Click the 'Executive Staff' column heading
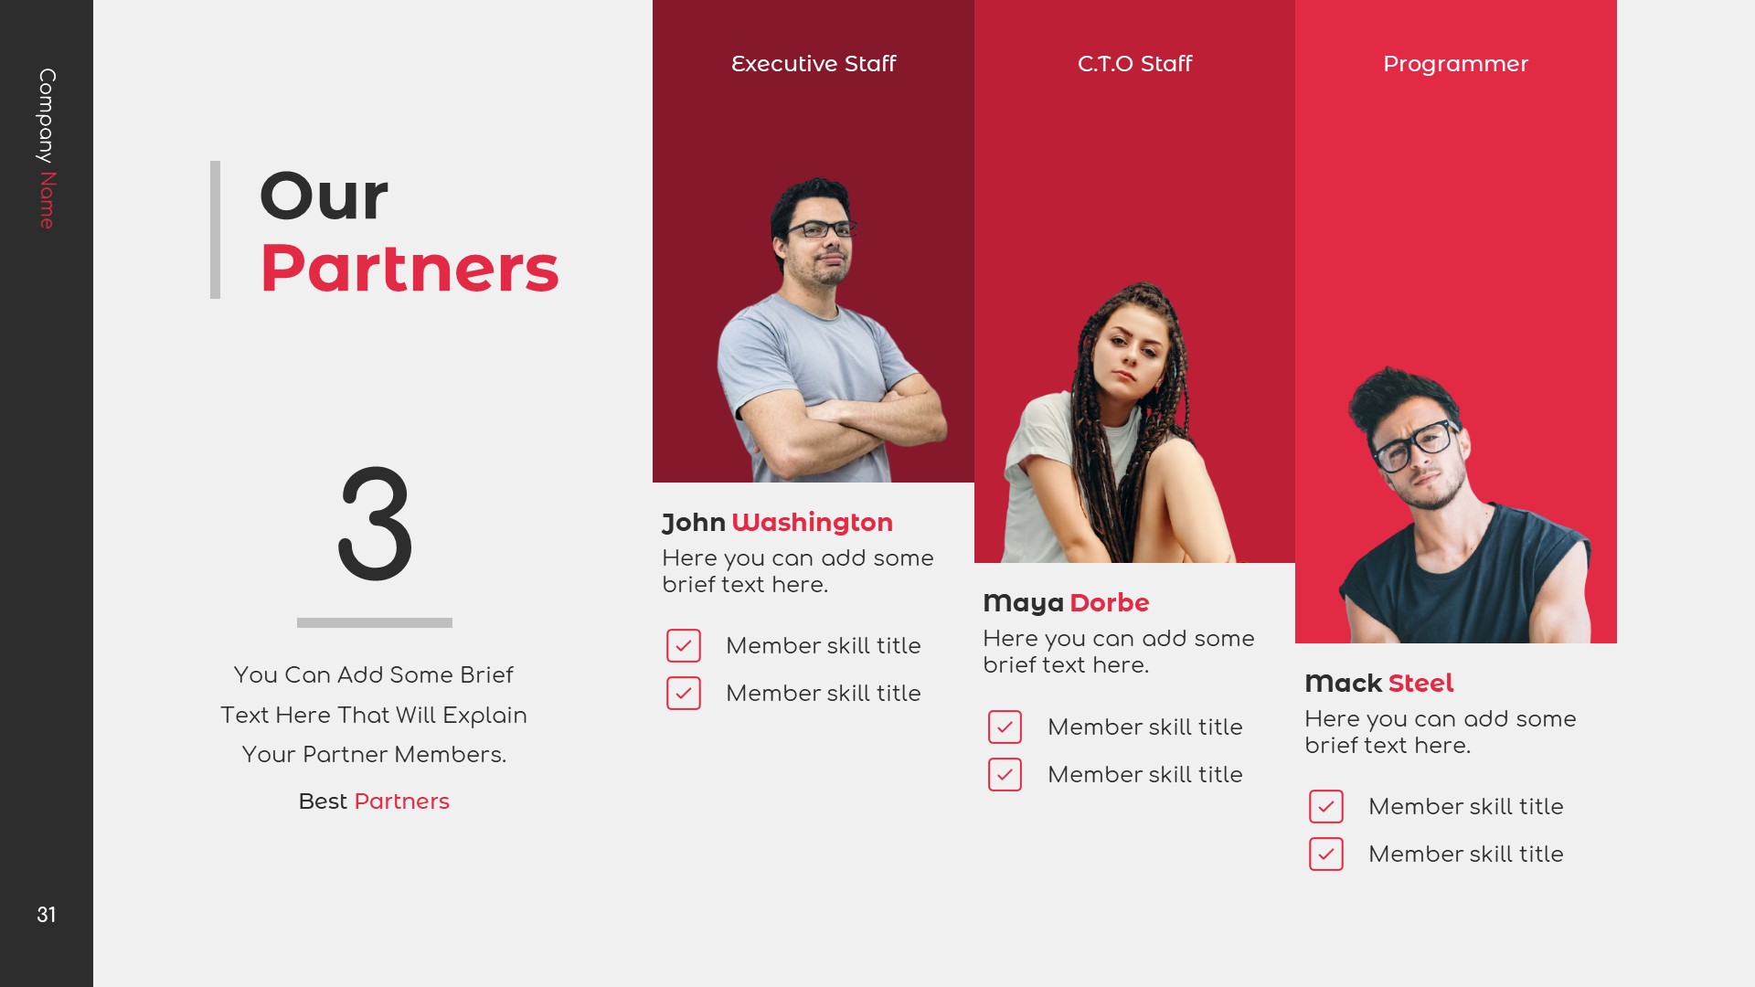(813, 64)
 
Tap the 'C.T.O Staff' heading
(1134, 64)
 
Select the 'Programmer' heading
(1455, 64)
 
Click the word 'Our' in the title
(324, 196)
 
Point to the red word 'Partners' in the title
(409, 269)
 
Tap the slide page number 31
(47, 915)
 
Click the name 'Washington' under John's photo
(812, 523)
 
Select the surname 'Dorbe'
(1109, 603)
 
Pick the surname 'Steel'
(1420, 684)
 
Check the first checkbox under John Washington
(684, 645)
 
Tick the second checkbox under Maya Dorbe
(1005, 775)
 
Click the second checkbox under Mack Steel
(1326, 854)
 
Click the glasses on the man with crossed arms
(820, 228)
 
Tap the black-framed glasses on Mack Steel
(1415, 445)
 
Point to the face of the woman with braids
(1130, 352)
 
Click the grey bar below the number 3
(375, 623)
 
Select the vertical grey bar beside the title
(216, 229)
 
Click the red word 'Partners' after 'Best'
(401, 801)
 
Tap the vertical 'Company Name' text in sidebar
(47, 148)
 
